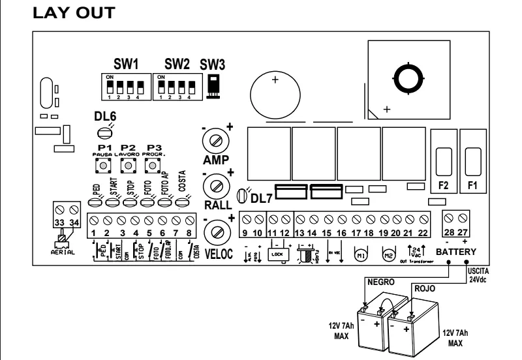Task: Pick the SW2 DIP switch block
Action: click(175, 85)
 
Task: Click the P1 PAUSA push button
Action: click(102, 165)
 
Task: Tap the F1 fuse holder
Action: click(474, 160)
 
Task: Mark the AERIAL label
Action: click(65, 251)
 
